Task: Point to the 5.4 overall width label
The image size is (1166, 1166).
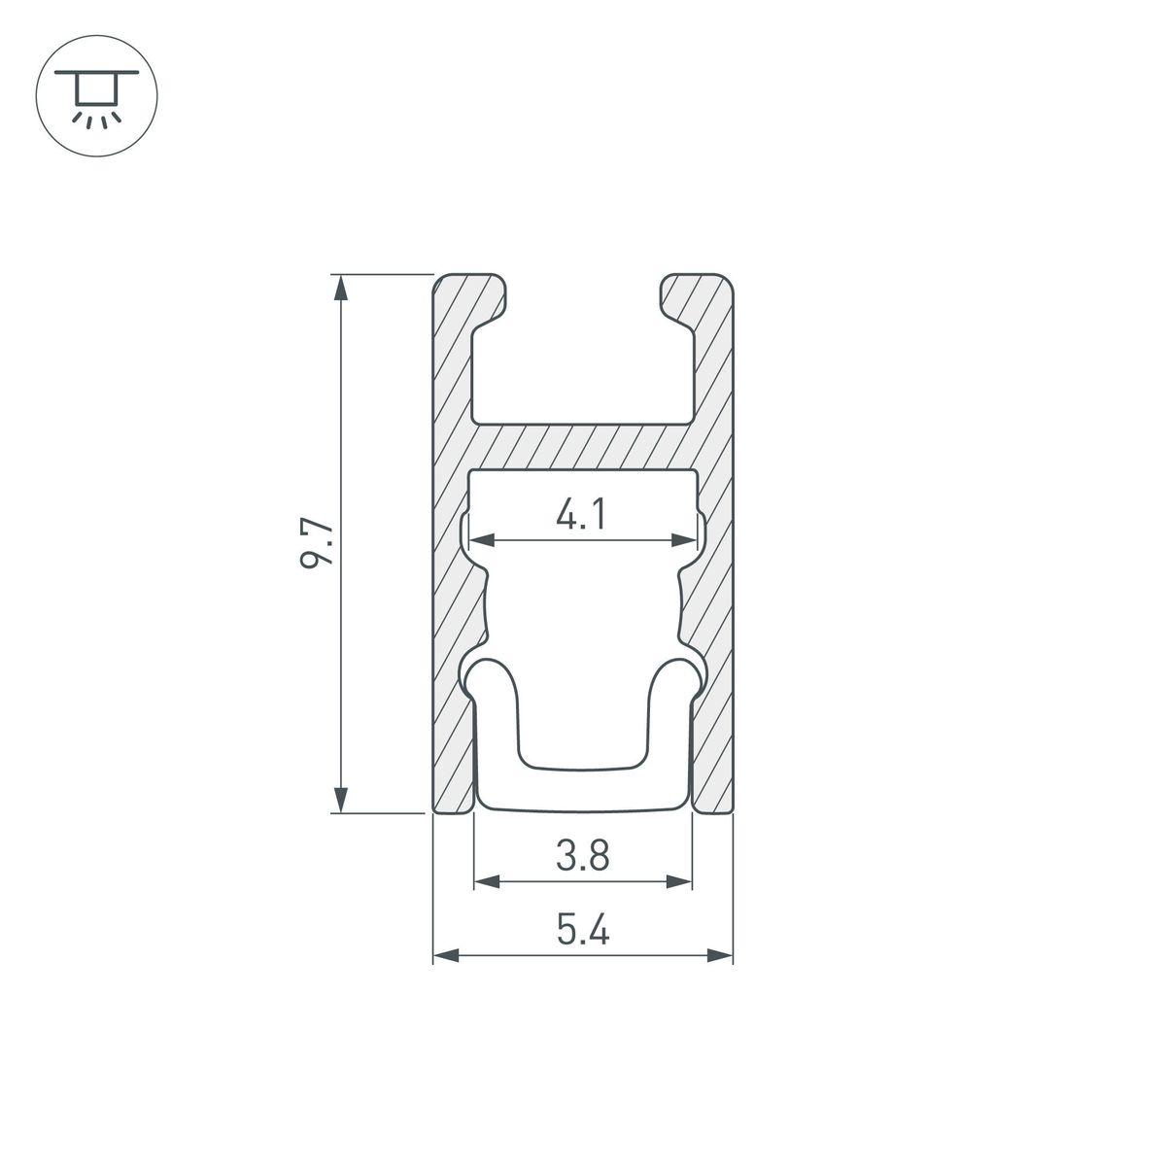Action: tap(582, 932)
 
